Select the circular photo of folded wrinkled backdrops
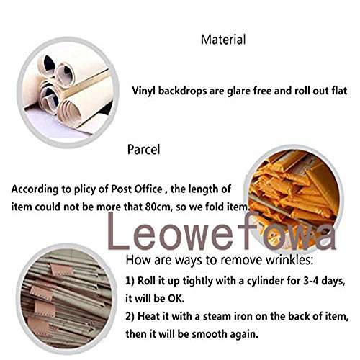coord(61,295)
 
